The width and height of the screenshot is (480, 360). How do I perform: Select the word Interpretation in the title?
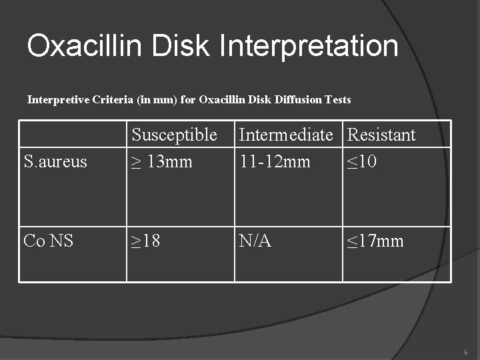coord(309,47)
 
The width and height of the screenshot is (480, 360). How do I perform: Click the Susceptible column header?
coord(174,135)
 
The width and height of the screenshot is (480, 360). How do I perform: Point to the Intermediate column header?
coord(285,135)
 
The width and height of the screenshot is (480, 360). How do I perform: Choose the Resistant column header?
coord(381,135)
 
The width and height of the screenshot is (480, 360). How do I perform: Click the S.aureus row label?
coord(55,161)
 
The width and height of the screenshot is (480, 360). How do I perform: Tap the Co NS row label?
coord(48,241)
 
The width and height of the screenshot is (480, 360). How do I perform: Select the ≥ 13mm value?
coord(161,161)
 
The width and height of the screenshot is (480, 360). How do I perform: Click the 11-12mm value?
coord(274,161)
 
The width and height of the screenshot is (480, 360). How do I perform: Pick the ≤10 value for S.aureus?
coord(362,161)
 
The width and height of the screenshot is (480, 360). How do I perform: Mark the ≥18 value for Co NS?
coord(145,241)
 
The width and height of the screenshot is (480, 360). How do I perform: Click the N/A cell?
coord(255,241)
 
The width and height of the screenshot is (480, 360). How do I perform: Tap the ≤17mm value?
coord(375,241)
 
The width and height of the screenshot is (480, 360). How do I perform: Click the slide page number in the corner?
coord(466,351)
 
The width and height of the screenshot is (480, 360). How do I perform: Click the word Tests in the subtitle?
coord(337,100)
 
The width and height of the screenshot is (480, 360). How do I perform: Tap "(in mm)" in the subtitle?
coord(154,100)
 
